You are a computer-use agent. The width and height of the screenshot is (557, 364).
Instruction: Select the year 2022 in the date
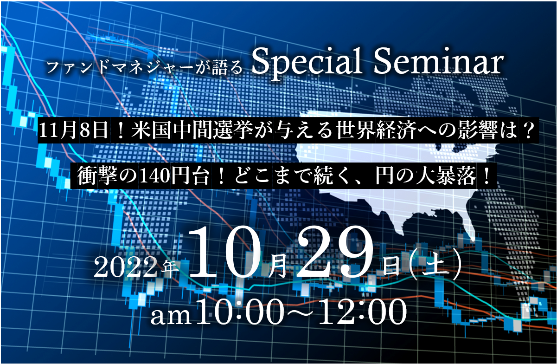[126, 267]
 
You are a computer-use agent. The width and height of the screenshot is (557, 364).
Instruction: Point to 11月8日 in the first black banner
[73, 130]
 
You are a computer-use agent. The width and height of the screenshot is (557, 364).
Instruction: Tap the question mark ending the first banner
[527, 130]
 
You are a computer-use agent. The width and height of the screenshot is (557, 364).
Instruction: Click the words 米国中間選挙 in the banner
[192, 130]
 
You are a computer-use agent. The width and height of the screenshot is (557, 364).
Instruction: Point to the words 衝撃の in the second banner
[107, 176]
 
